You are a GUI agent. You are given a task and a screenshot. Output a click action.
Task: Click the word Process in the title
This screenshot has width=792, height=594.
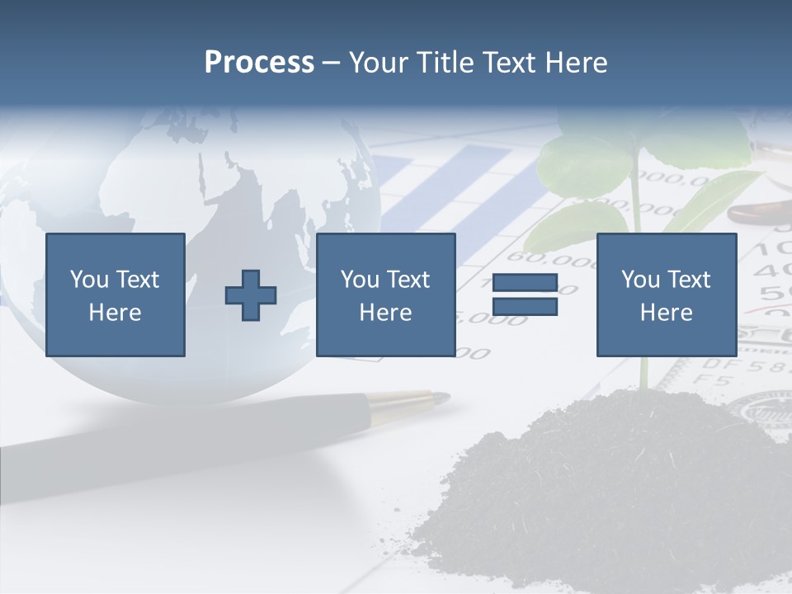click(259, 63)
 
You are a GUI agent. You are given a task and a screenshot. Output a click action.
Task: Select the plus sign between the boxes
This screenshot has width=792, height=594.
click(251, 295)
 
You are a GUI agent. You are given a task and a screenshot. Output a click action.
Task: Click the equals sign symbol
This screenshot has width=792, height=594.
click(525, 295)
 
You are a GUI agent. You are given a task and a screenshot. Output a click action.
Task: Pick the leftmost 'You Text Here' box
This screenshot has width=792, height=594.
click(115, 295)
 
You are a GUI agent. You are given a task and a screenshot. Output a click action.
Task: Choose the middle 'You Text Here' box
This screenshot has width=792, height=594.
click(385, 295)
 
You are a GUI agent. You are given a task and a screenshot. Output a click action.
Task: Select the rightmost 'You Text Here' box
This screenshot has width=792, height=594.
click(666, 295)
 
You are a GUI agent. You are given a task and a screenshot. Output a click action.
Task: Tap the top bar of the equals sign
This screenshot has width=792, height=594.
click(525, 283)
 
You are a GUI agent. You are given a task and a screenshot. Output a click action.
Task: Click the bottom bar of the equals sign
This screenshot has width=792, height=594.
click(525, 307)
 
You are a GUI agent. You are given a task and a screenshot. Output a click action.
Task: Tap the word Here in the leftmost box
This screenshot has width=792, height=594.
click(115, 313)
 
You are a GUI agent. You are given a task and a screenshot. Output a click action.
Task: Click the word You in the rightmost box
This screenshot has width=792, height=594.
click(640, 280)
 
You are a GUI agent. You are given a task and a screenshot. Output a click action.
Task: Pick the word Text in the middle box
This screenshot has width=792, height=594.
click(409, 280)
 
